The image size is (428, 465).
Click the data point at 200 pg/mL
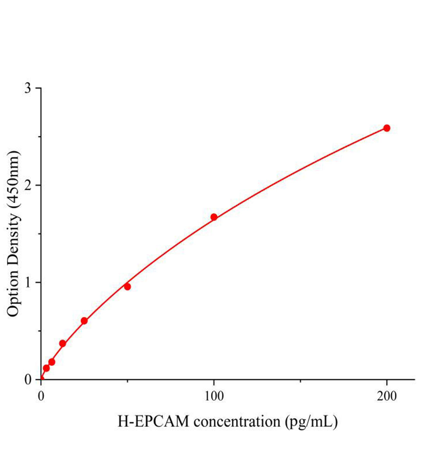[387, 128]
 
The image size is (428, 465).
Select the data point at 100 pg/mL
[214, 217]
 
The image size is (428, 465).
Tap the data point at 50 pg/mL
[127, 287]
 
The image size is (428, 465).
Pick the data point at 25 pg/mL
[84, 321]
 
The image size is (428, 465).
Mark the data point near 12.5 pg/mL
[62, 343]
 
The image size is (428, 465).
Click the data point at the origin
[41, 379]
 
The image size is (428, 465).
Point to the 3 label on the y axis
[28, 88]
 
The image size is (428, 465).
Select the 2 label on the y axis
[28, 185]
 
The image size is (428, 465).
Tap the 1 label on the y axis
[28, 282]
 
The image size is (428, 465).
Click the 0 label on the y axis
[28, 379]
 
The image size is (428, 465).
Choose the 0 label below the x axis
[41, 396]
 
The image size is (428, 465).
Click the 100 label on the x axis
[214, 396]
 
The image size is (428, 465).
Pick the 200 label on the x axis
[387, 396]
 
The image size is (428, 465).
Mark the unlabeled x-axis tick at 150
[300, 381]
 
